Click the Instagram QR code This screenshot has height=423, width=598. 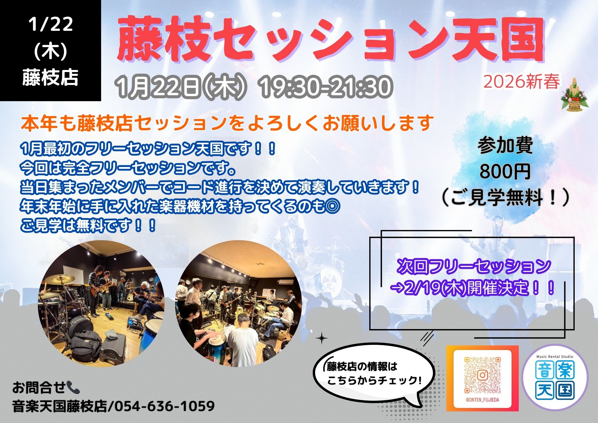pos(482,375)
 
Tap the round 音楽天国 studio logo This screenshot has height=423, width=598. pos(555,378)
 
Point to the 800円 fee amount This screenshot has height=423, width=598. pos(505,171)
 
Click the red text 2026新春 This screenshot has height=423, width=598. pos(521,82)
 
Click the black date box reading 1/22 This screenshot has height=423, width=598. pos(51,50)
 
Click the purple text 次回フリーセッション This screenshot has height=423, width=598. pos(474,266)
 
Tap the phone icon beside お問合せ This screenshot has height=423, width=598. pos(73,387)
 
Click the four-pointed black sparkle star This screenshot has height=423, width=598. pos(322,339)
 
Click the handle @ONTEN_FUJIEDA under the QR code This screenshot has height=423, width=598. pos(482,400)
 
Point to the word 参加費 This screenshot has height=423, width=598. pos(505,146)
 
